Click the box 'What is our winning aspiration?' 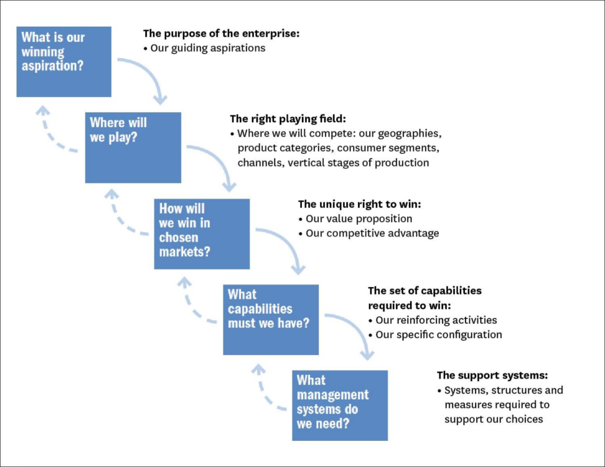tap(64, 62)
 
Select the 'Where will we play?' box tap(133, 147)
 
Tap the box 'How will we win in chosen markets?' tap(201, 234)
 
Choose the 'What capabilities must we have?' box tap(271, 320)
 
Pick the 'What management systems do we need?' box tap(340, 405)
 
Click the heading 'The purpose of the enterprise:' tap(222, 34)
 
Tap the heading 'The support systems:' tap(492, 375)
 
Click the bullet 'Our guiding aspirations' tap(207, 48)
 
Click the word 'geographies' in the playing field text tap(410, 133)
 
